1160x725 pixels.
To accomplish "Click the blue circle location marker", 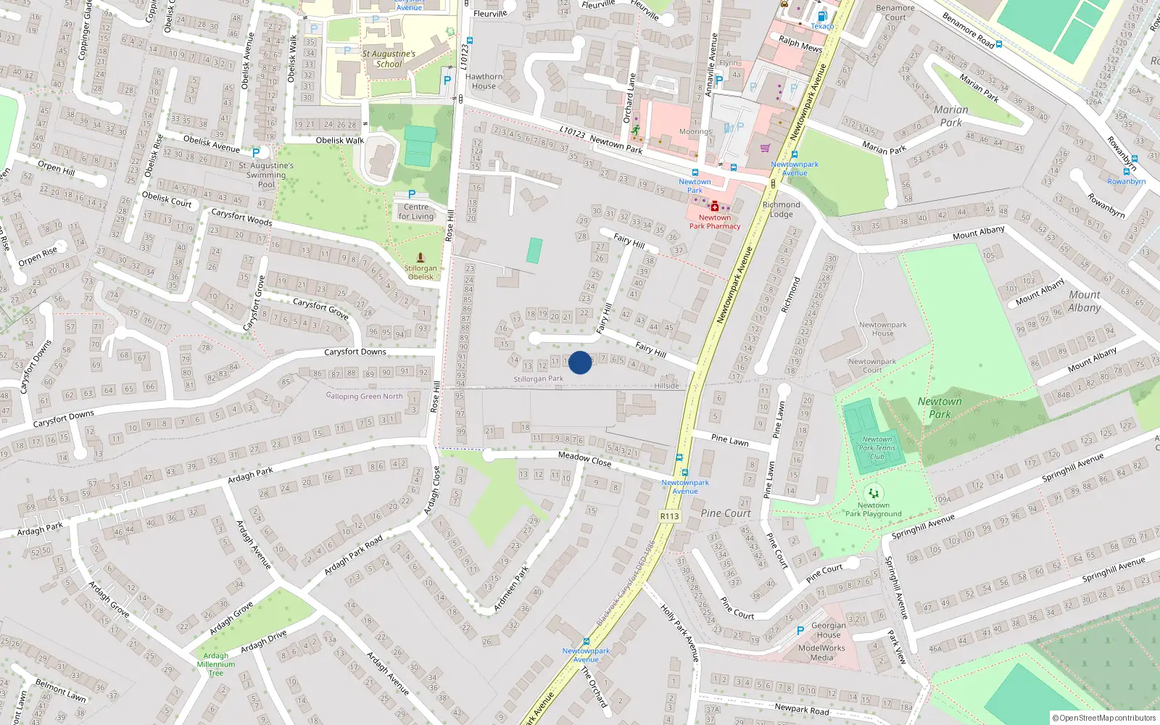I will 580,362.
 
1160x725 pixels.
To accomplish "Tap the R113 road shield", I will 669,516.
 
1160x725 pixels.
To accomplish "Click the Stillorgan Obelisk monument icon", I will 420,257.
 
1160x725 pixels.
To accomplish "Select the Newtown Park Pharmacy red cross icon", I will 715,207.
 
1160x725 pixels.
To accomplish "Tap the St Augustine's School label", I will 389,59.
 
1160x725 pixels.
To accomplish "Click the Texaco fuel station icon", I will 821,16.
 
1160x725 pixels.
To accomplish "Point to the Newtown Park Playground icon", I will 874,493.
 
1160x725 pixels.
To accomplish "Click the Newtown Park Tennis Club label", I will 877,448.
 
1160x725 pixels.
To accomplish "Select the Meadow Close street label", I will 584,458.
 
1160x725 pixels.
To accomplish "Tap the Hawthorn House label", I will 484,81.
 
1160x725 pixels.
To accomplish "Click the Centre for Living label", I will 416,212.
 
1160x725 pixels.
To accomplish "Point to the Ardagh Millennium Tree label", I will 216,664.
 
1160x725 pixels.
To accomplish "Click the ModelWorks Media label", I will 821,653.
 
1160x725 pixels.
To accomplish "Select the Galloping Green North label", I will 365,396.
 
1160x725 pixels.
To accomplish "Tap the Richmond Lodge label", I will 781,210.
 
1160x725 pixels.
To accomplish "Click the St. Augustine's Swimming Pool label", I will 266,175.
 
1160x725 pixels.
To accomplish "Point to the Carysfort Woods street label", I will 241,217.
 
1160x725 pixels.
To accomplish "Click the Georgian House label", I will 829,630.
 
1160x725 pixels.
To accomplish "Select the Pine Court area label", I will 726,513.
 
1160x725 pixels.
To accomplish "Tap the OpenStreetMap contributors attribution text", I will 1103,718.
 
